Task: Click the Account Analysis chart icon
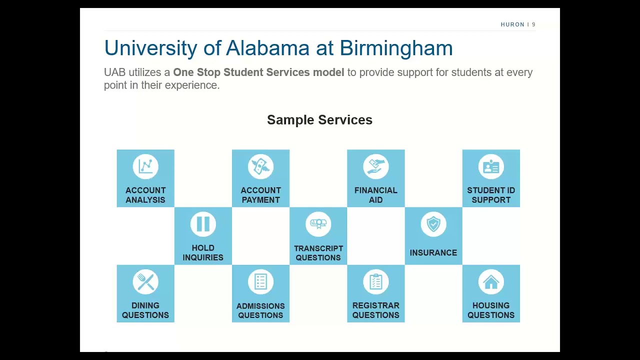(x=145, y=166)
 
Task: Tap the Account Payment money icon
(x=260, y=166)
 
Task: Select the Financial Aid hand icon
(x=375, y=166)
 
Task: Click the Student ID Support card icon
(x=491, y=166)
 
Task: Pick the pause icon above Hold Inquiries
(x=203, y=224)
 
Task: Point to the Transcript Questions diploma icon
(x=318, y=224)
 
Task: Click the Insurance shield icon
(x=433, y=224)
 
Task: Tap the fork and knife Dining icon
(x=145, y=282)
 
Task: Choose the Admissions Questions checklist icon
(x=260, y=282)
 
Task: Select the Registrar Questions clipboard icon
(x=375, y=282)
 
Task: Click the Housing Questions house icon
(x=491, y=282)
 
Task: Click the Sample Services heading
(x=319, y=120)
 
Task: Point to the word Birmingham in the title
(x=396, y=48)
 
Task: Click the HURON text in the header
(x=512, y=24)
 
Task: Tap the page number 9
(x=533, y=24)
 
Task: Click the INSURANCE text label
(x=433, y=253)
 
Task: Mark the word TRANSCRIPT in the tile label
(x=318, y=248)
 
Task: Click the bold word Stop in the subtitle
(x=208, y=72)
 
